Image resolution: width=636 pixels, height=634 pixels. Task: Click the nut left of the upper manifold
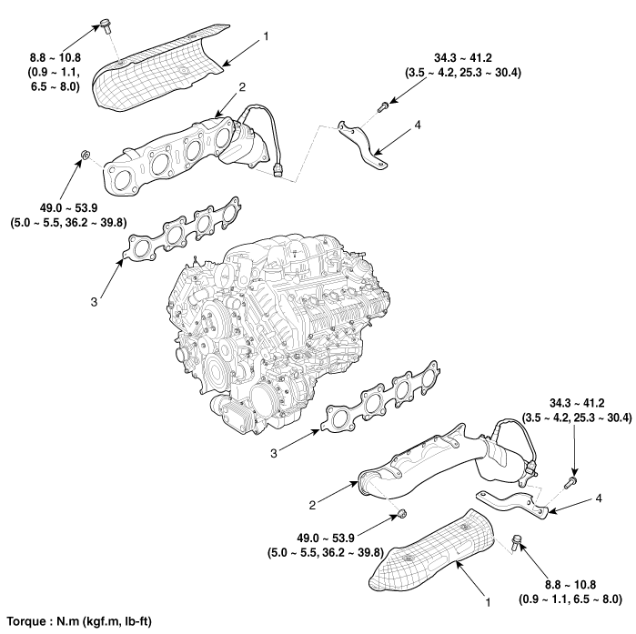click(84, 156)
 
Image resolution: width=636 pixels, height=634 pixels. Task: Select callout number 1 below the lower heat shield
click(488, 601)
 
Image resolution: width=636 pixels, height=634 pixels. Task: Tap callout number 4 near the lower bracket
click(597, 499)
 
